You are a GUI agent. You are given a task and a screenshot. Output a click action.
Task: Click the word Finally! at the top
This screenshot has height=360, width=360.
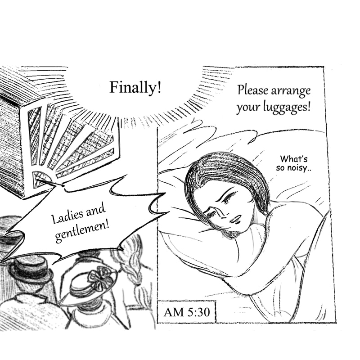[135, 88]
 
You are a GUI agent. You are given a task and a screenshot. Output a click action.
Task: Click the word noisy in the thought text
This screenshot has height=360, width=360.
[297, 168]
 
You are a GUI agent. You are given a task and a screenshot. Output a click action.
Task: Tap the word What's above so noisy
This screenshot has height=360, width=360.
[294, 159]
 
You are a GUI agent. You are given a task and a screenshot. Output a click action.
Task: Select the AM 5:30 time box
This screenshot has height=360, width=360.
[187, 312]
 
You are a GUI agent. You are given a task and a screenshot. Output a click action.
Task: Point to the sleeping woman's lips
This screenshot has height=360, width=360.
[235, 220]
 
